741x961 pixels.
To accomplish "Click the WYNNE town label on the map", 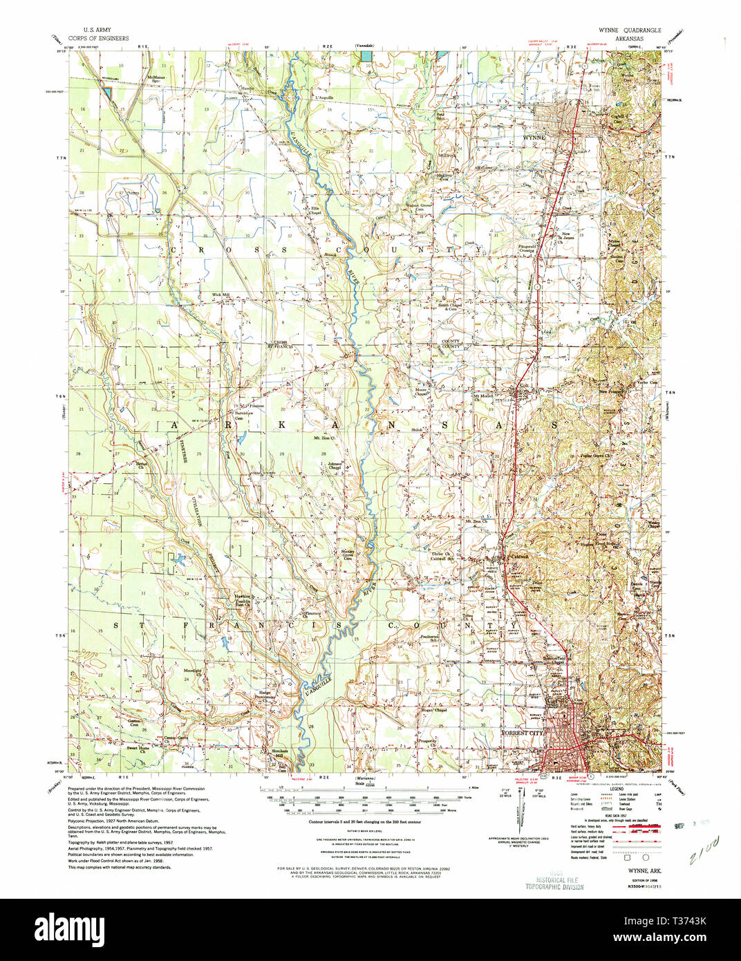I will (x=534, y=138).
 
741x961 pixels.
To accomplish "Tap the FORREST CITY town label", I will (x=523, y=732).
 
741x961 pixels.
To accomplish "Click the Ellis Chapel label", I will (x=315, y=211).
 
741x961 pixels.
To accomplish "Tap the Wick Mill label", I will (x=221, y=295).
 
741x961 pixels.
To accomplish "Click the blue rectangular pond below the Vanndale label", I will (x=368, y=54).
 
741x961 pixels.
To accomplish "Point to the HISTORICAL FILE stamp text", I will (x=554, y=880).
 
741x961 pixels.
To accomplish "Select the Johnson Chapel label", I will (x=335, y=466).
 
